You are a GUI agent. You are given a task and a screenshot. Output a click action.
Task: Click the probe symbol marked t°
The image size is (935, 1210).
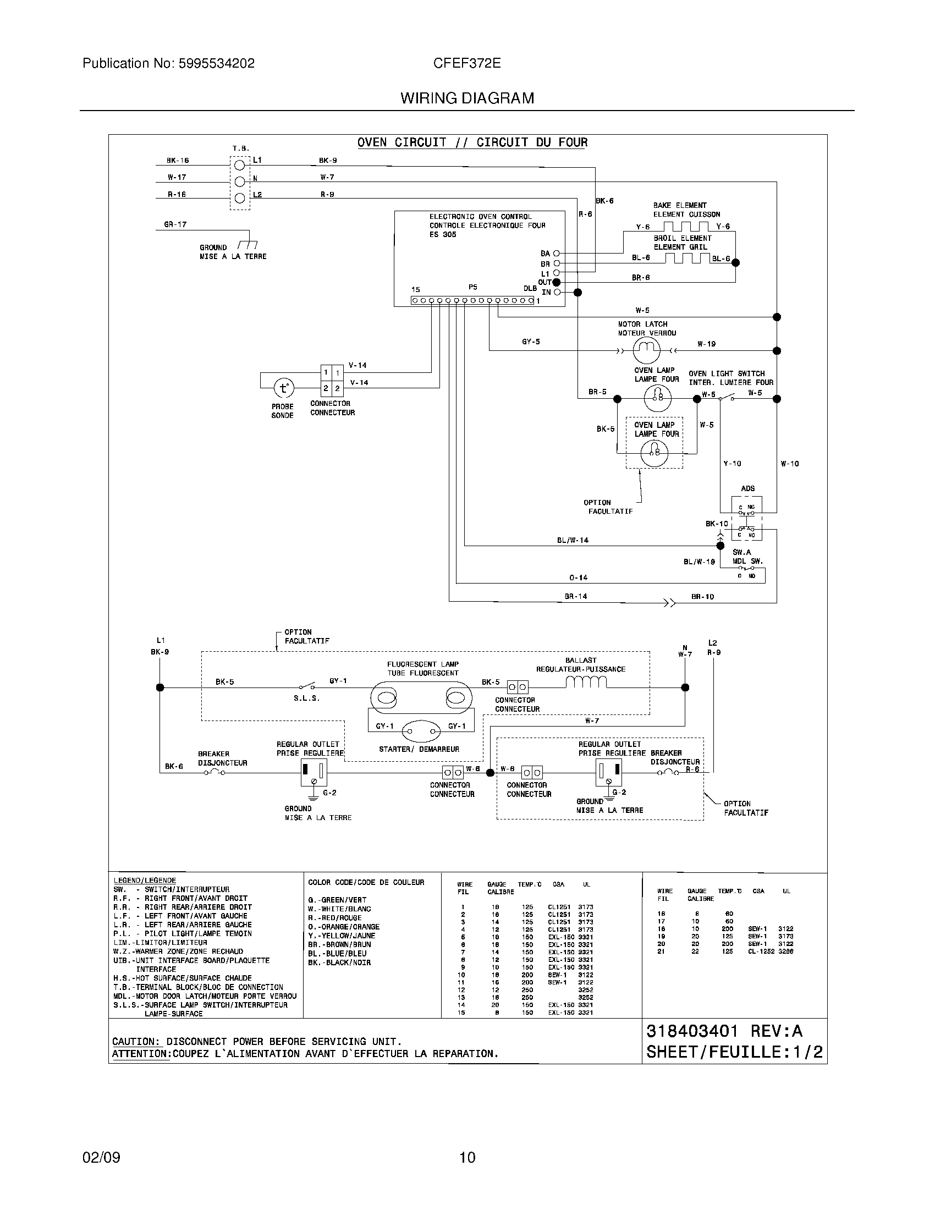tap(284, 388)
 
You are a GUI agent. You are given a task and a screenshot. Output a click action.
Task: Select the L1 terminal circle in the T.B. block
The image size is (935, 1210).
tap(240, 164)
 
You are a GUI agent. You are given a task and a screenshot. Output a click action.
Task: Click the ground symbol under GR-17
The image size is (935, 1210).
tap(247, 244)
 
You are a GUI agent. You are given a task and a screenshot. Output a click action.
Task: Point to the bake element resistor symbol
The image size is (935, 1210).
tap(686, 227)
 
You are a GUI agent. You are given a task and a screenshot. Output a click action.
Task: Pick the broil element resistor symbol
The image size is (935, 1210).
tap(687, 258)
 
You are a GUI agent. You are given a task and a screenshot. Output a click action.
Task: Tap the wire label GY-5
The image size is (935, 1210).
tap(531, 342)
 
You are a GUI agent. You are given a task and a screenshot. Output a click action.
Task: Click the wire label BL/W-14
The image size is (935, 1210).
tap(573, 540)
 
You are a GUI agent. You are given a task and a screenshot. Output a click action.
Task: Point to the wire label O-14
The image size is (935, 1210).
tap(578, 577)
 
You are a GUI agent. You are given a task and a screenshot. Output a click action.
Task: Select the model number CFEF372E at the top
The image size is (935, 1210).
tap(467, 63)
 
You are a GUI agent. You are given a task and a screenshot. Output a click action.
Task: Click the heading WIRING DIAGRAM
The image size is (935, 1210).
tap(467, 98)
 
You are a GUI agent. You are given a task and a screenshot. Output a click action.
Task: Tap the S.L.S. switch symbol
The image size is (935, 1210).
tap(306, 686)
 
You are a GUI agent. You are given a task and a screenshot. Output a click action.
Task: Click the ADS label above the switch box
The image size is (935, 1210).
tap(747, 488)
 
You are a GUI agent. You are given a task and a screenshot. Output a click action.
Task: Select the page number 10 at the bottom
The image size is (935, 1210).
tap(467, 1157)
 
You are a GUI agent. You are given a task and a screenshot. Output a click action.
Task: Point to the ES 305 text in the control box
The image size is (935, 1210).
tap(443, 234)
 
